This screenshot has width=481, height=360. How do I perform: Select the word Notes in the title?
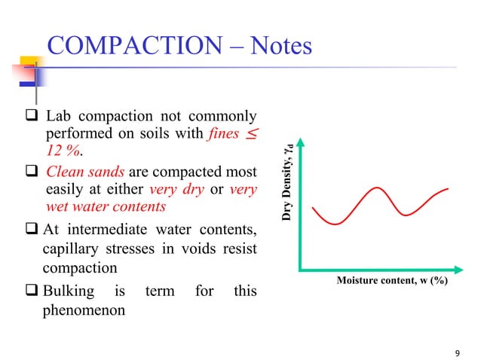coord(277,46)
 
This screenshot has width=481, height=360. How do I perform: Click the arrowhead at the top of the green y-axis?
coord(301,142)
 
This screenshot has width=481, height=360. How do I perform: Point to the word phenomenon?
coord(84,310)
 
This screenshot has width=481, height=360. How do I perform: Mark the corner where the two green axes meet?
coord(301,269)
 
